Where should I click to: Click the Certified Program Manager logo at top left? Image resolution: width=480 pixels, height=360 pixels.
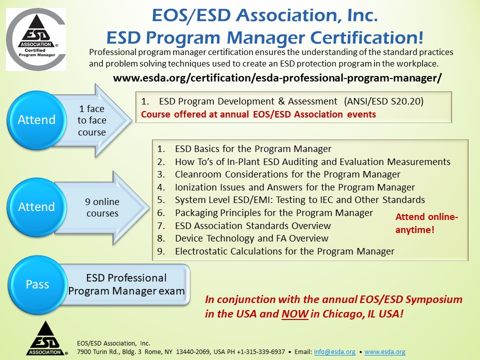pos(35,39)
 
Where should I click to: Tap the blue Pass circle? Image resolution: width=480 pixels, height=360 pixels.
pos(37,284)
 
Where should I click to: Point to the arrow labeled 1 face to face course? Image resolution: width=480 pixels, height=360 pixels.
pos(92,120)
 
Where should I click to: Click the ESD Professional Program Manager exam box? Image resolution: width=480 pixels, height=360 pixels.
pos(126,284)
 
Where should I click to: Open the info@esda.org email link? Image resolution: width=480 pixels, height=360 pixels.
pos(334,352)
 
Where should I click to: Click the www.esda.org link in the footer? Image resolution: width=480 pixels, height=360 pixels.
pos(384,352)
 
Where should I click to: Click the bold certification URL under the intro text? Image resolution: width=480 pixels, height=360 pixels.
pos(277,78)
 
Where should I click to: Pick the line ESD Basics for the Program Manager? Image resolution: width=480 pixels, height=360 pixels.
pos(253,149)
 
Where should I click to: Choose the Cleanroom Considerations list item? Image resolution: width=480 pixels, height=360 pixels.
pos(287,174)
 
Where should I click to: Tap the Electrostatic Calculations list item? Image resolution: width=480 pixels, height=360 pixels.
pos(284,251)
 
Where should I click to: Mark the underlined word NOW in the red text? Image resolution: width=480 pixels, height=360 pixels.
pos(292,314)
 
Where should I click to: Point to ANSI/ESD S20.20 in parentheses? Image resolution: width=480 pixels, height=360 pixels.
pos(384,101)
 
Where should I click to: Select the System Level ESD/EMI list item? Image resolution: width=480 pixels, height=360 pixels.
pos(299,200)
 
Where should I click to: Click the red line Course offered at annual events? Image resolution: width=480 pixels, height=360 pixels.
pos(258,114)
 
